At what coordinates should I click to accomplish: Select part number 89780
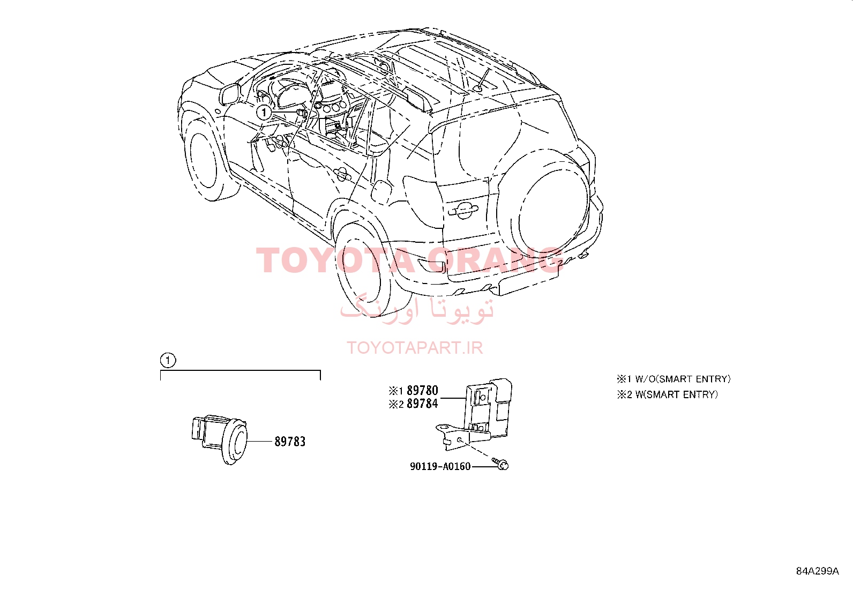click(x=422, y=390)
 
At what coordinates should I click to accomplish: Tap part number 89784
click(x=422, y=404)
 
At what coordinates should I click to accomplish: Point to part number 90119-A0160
click(x=440, y=466)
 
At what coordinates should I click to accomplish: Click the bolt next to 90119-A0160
click(x=501, y=464)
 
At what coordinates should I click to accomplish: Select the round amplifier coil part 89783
click(x=220, y=438)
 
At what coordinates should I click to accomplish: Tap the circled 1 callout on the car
click(x=264, y=113)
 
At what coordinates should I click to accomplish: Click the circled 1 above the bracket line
click(x=168, y=360)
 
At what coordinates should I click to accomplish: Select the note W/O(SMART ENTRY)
click(x=674, y=379)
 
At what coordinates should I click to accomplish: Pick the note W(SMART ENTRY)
click(x=667, y=394)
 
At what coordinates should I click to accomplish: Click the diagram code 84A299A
click(x=817, y=571)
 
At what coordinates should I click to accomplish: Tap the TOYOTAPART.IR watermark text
click(x=415, y=347)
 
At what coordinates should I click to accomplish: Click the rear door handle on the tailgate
click(x=463, y=210)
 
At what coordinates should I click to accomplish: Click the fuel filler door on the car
click(x=381, y=192)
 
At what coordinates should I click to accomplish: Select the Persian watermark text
click(x=417, y=310)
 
